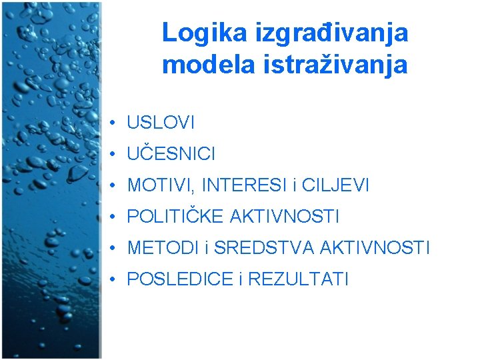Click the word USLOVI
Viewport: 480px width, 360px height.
(161, 123)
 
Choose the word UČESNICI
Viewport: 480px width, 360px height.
(171, 154)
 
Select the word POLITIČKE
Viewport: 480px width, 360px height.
(175, 217)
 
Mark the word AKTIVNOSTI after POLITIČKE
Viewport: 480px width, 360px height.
(285, 217)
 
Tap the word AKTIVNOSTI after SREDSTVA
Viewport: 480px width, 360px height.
(375, 248)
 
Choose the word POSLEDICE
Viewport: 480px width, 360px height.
(179, 279)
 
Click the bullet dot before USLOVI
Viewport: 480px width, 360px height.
(115, 123)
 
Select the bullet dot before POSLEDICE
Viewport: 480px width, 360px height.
(115, 279)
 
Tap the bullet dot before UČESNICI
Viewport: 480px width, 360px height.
(115, 154)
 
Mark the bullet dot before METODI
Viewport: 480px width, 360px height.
(115, 248)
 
